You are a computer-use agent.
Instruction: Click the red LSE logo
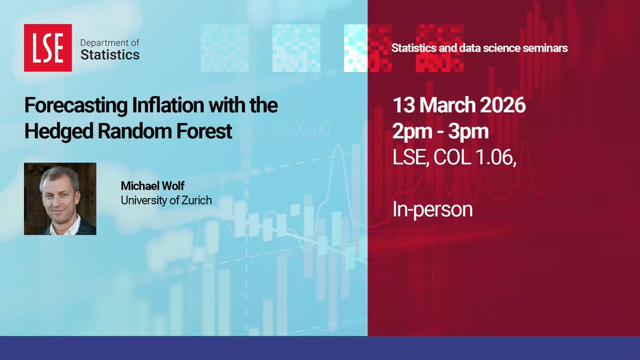[x=47, y=47]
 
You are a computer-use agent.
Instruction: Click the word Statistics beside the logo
[x=109, y=54]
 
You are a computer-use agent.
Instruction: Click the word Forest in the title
[x=206, y=131]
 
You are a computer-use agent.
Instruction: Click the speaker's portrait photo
[x=60, y=199]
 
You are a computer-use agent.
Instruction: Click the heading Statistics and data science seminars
[x=479, y=48]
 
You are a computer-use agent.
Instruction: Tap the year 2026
[x=505, y=105]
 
